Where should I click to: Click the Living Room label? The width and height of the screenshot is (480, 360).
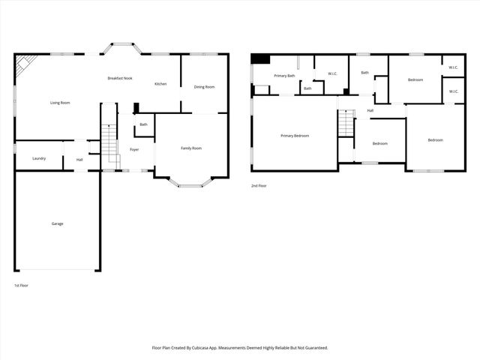pyautogui.click(x=60, y=102)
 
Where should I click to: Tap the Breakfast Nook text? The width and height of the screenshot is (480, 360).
pyautogui.click(x=120, y=78)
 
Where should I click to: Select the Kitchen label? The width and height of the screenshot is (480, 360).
pyautogui.click(x=160, y=83)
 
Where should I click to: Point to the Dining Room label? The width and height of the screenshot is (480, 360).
pyautogui.click(x=204, y=87)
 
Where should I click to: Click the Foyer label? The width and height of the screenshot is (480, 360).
pyautogui.click(x=134, y=149)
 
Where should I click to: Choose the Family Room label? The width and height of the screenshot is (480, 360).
pyautogui.click(x=191, y=148)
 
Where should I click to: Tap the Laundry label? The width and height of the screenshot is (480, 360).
pyautogui.click(x=39, y=158)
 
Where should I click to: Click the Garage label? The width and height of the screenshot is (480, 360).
pyautogui.click(x=57, y=223)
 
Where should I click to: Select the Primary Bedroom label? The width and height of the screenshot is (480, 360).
pyautogui.click(x=295, y=136)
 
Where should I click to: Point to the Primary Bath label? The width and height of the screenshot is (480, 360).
pyautogui.click(x=284, y=76)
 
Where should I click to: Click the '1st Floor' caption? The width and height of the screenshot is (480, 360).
pyautogui.click(x=22, y=286)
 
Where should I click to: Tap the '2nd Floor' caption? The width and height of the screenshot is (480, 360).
pyautogui.click(x=259, y=185)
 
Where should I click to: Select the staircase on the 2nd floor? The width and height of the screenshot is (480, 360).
pyautogui.click(x=346, y=123)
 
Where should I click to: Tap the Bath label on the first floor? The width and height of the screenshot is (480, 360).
pyautogui.click(x=143, y=124)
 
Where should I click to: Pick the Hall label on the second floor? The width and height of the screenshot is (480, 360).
pyautogui.click(x=370, y=111)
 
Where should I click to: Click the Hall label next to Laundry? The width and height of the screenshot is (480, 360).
pyautogui.click(x=79, y=159)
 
